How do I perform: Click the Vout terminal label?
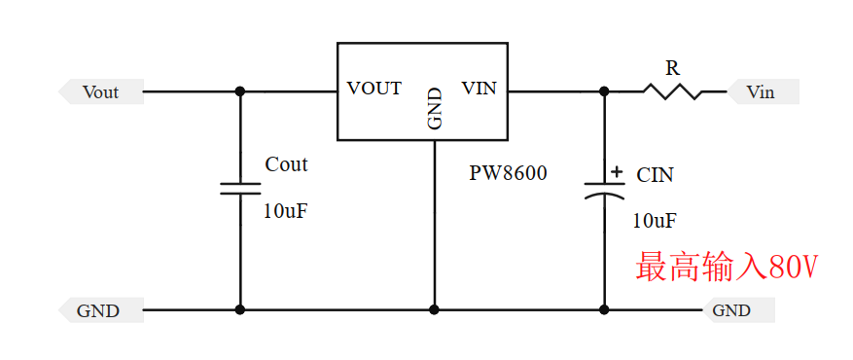point(100,92)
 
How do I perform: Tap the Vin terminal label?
point(762,92)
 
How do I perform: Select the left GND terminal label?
point(98,311)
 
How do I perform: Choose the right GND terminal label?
point(732,311)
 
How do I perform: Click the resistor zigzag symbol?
point(672,91)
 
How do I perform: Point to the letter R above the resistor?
point(672,68)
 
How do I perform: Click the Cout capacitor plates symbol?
point(240,188)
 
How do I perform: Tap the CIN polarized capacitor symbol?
point(604,190)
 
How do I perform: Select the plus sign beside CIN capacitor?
point(616,173)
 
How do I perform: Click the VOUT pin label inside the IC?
point(374,89)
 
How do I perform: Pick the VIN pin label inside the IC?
point(479,89)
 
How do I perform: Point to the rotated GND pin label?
point(435,109)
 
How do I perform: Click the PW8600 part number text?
point(508,174)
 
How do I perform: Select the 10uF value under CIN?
point(655,220)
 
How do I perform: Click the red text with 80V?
point(726,267)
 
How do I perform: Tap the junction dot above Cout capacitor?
point(240,91)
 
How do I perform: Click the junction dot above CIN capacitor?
point(604,91)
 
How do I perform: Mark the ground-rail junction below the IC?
point(434,310)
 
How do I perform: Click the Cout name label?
point(286,164)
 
